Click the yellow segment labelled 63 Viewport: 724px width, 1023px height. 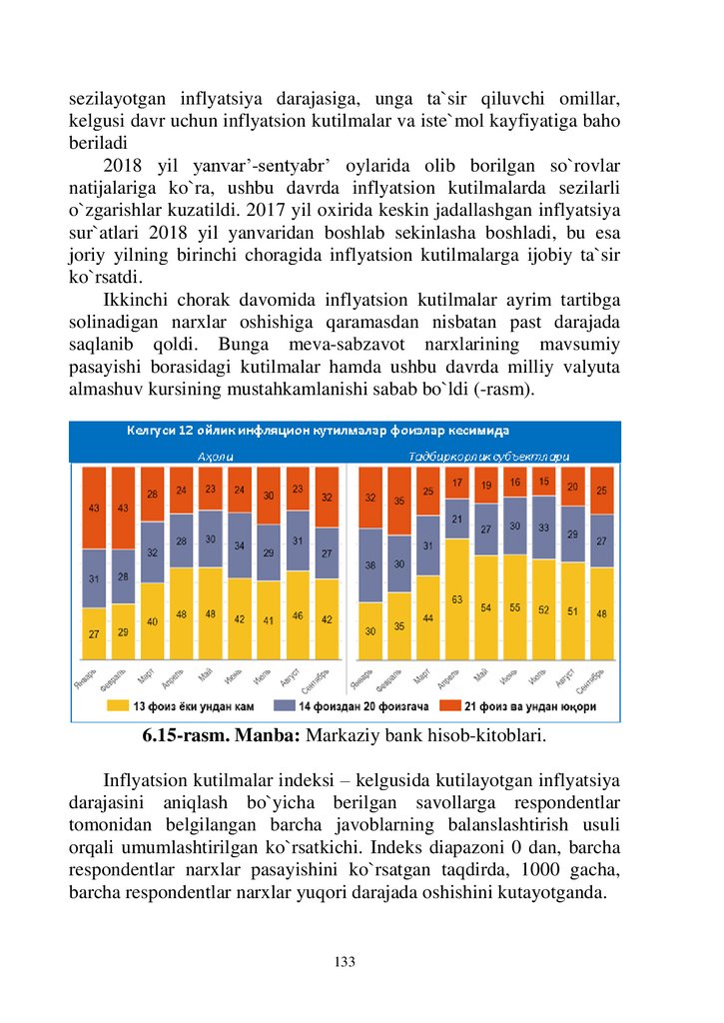[457, 599]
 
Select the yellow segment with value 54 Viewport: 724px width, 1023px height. [486, 607]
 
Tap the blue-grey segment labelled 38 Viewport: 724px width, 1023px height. [370, 565]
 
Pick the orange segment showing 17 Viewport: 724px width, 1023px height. [457, 483]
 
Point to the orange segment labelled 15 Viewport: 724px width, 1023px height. [544, 482]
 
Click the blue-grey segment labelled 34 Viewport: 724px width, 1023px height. [240, 545]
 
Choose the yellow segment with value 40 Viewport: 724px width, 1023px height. [152, 621]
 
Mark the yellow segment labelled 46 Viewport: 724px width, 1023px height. [298, 615]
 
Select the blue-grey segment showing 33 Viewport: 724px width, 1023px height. [544, 527]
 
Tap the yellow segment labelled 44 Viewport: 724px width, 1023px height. [427, 617]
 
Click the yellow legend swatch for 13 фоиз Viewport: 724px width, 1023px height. [118, 705]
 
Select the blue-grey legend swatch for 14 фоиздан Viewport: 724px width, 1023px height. [284, 705]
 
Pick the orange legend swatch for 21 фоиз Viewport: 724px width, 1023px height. [449, 705]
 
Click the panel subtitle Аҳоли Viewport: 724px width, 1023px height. [216, 457]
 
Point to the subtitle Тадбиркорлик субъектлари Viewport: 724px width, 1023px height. [489, 457]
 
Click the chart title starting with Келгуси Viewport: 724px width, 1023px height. [318, 431]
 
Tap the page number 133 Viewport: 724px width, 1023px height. [345, 961]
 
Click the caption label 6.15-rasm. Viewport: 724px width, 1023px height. [186, 735]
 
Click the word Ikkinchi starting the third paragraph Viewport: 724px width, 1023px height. [136, 300]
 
